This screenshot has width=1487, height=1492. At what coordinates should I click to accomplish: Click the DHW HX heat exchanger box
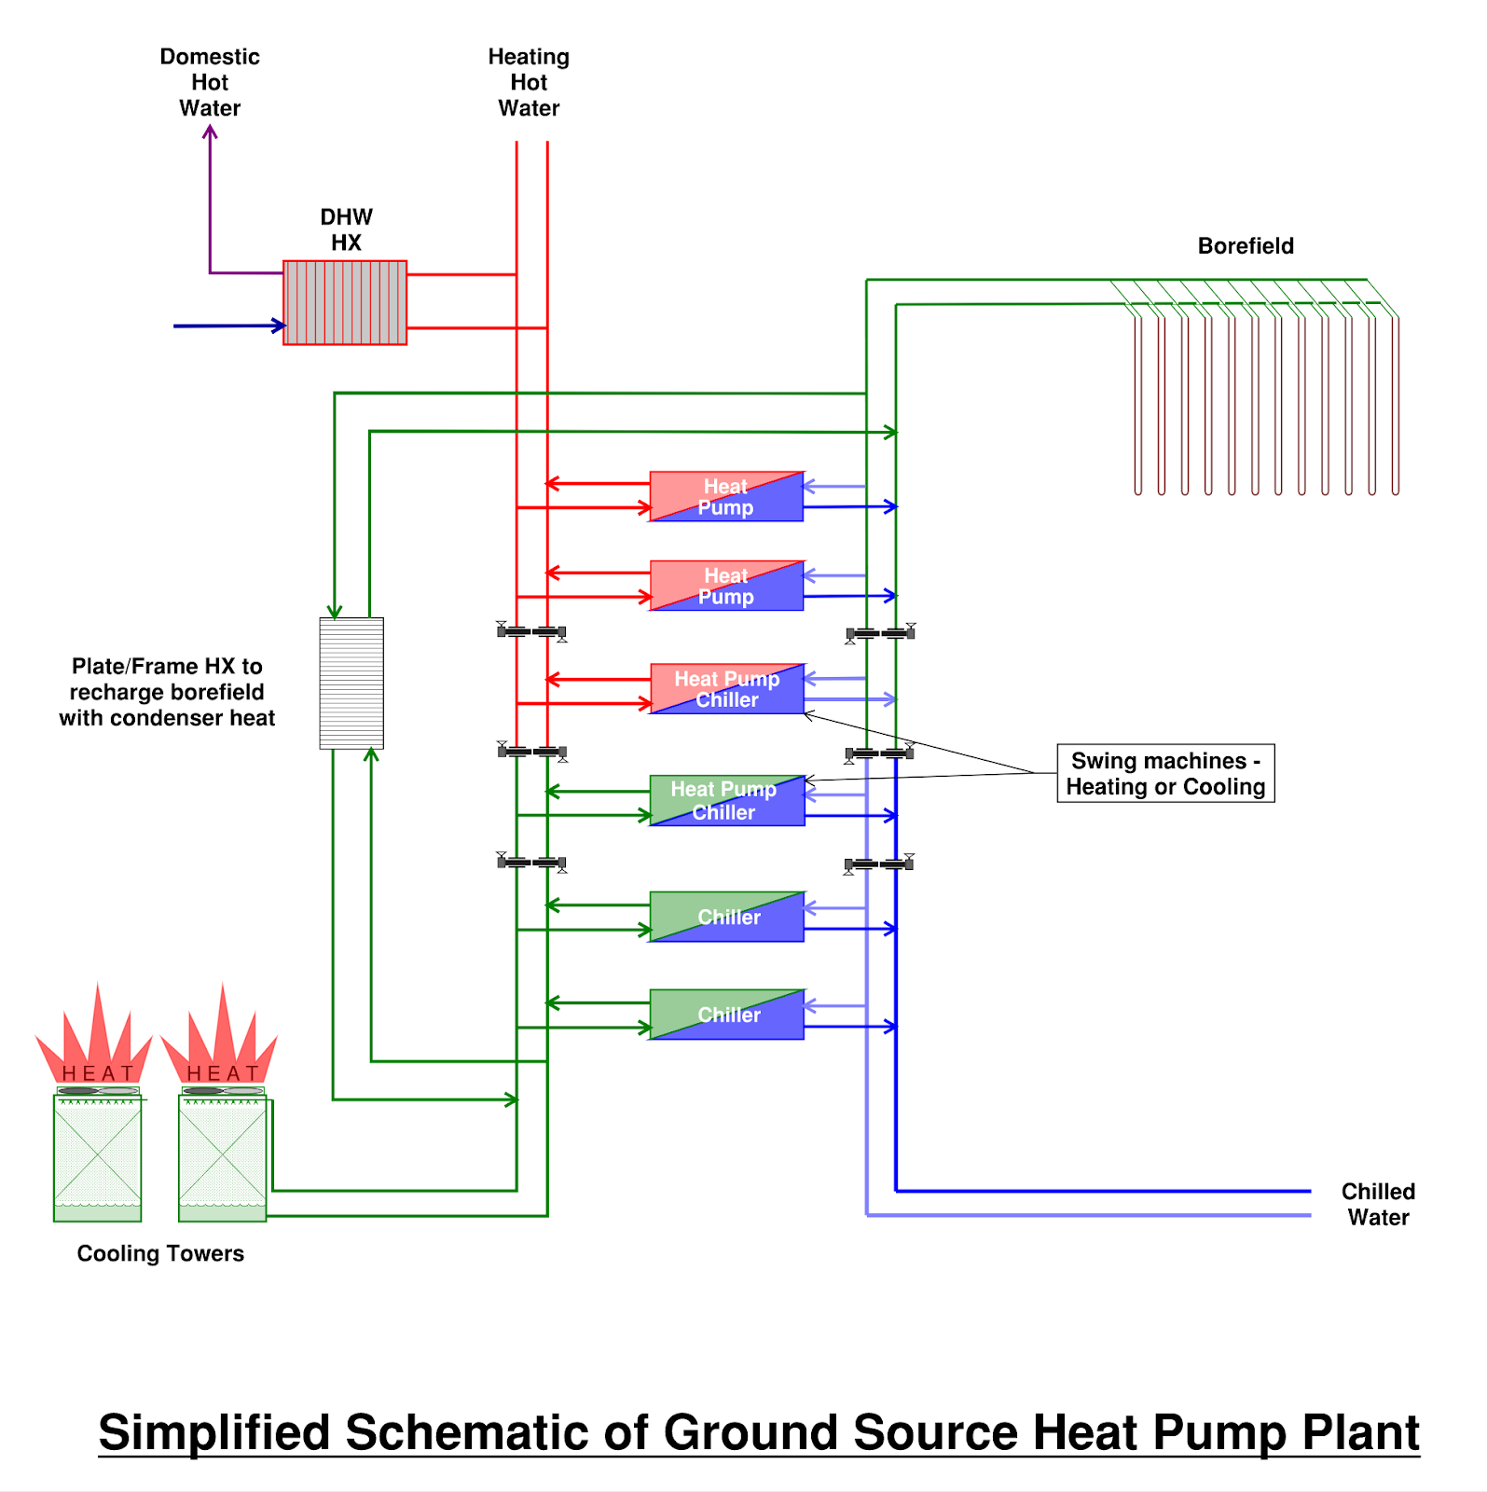pos(345,302)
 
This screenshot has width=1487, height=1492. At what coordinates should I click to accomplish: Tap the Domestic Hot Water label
pos(210,82)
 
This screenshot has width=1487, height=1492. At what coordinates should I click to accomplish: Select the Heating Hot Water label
pos(529,82)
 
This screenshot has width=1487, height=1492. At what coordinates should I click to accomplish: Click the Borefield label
pos(1246,246)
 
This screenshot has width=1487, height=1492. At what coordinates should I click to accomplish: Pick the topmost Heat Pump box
pos(726,496)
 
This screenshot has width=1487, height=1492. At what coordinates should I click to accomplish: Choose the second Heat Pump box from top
pos(726,586)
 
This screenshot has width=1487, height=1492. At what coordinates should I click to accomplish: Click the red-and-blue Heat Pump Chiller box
pos(726,689)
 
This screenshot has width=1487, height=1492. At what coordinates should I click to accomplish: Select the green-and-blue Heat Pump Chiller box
pos(726,800)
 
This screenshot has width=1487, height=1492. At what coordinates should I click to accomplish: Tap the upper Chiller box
pos(726,917)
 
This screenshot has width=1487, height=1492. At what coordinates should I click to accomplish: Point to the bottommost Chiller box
pos(726,1015)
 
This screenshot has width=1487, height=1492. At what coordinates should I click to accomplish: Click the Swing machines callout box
pos(1165,773)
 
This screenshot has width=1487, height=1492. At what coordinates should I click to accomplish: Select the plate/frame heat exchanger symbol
pos(351,683)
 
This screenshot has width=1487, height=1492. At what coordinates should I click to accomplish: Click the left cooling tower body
pos(98,1156)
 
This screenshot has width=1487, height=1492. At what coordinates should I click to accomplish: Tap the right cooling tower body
pos(223,1156)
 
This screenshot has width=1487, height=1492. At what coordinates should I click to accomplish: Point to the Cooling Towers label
pos(160,1253)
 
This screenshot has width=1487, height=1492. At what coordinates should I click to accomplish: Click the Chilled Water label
pos(1378,1204)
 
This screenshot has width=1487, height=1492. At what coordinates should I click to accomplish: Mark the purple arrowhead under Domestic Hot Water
pos(211,132)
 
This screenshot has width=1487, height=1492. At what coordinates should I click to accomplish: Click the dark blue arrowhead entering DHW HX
pos(279,325)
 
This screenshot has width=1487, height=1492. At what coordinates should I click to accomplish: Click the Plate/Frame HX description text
pos(167,692)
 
